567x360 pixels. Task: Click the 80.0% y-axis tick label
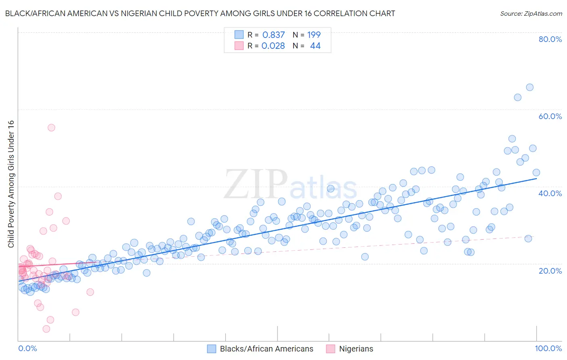[x=550, y=39]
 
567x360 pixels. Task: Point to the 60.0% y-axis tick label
[x=550, y=116]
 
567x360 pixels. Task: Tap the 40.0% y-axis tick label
[x=550, y=193]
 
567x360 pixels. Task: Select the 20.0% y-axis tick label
[x=550, y=271]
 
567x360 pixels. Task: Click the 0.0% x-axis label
[x=27, y=348]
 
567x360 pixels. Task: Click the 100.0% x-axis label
[x=548, y=348]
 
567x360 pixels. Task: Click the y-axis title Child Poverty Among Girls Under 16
[x=11, y=184]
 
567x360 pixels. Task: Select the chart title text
[x=200, y=13]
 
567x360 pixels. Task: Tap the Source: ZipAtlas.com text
[x=531, y=13]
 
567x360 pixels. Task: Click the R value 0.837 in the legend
[x=273, y=35]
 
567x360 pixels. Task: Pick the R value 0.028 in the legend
[x=273, y=46]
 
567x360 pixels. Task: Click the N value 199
[x=314, y=35]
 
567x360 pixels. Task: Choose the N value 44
[x=315, y=46]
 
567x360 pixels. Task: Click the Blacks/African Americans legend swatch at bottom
[x=212, y=349]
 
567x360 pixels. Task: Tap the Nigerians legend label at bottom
[x=356, y=349]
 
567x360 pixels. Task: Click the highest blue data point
[x=529, y=88]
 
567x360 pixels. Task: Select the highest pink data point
[x=51, y=128]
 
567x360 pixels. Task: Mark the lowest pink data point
[x=46, y=329]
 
